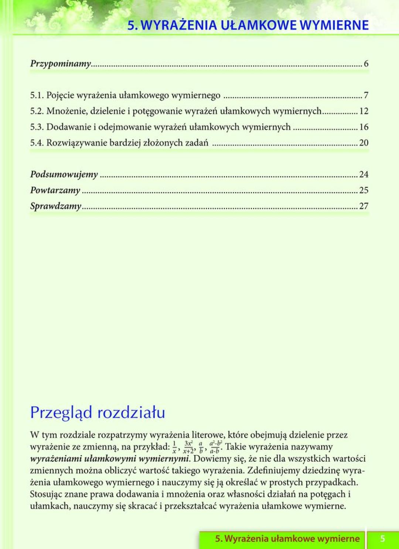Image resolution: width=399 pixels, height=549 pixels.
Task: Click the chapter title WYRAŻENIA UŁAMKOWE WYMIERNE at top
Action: coord(248,25)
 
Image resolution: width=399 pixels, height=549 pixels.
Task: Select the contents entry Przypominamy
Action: coord(61,64)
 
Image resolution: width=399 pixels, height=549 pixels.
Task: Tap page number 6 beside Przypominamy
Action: coord(366,64)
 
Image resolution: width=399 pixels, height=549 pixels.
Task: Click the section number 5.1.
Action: coord(37,95)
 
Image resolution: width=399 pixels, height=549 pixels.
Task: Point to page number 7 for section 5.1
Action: coord(366,95)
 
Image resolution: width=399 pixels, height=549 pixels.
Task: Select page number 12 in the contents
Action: coord(364,111)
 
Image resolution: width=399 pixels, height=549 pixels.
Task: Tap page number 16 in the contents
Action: coord(364,127)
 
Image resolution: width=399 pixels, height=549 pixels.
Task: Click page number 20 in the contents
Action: coord(364,143)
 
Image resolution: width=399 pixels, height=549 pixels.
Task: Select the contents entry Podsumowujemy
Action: coord(64,174)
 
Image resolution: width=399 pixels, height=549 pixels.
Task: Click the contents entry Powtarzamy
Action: coord(55,190)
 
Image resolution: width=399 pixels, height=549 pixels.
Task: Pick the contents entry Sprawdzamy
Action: coord(55,206)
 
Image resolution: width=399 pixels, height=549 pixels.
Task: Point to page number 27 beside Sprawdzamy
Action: coord(364,206)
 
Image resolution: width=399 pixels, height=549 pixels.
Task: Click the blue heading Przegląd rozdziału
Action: coord(98,413)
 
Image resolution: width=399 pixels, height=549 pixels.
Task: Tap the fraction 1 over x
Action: coord(174,447)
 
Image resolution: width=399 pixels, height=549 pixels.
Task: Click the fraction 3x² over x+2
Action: coord(188,447)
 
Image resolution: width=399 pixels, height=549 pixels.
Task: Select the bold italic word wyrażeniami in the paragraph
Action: coord(56,459)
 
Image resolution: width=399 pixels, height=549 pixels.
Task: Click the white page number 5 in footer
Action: coord(383,539)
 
